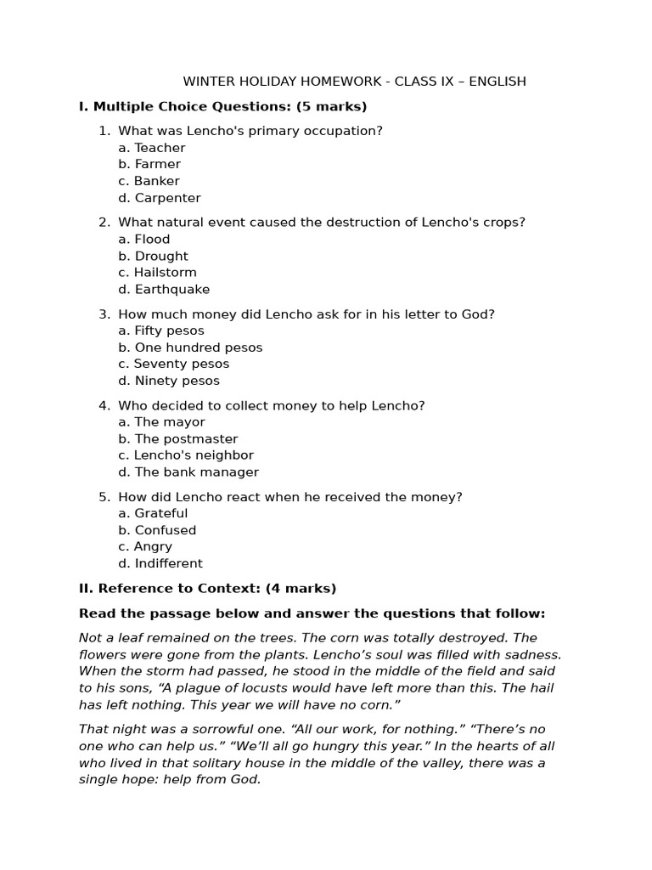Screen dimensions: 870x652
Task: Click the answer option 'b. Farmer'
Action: pyautogui.click(x=149, y=164)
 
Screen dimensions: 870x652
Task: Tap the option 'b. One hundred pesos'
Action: pyautogui.click(x=190, y=347)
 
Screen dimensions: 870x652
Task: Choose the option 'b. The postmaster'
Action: pyautogui.click(x=178, y=439)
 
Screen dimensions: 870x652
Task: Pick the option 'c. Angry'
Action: pyautogui.click(x=145, y=547)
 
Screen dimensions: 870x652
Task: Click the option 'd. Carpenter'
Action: pyautogui.click(x=160, y=198)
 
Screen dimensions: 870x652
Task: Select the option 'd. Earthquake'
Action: pyautogui.click(x=164, y=290)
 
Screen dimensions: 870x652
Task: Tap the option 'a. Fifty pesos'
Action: pyautogui.click(x=161, y=330)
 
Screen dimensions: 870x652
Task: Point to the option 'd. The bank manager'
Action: pyautogui.click(x=188, y=472)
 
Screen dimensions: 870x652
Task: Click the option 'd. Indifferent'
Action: pyautogui.click(x=160, y=563)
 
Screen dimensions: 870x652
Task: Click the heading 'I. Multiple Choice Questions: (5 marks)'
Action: pyautogui.click(x=222, y=106)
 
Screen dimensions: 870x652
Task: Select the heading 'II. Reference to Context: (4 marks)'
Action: pyautogui.click(x=207, y=588)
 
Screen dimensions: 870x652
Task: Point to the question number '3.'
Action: pyautogui.click(x=104, y=314)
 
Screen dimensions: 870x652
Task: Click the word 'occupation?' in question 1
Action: pyautogui.click(x=345, y=131)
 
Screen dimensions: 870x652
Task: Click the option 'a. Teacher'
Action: pyautogui.click(x=152, y=148)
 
